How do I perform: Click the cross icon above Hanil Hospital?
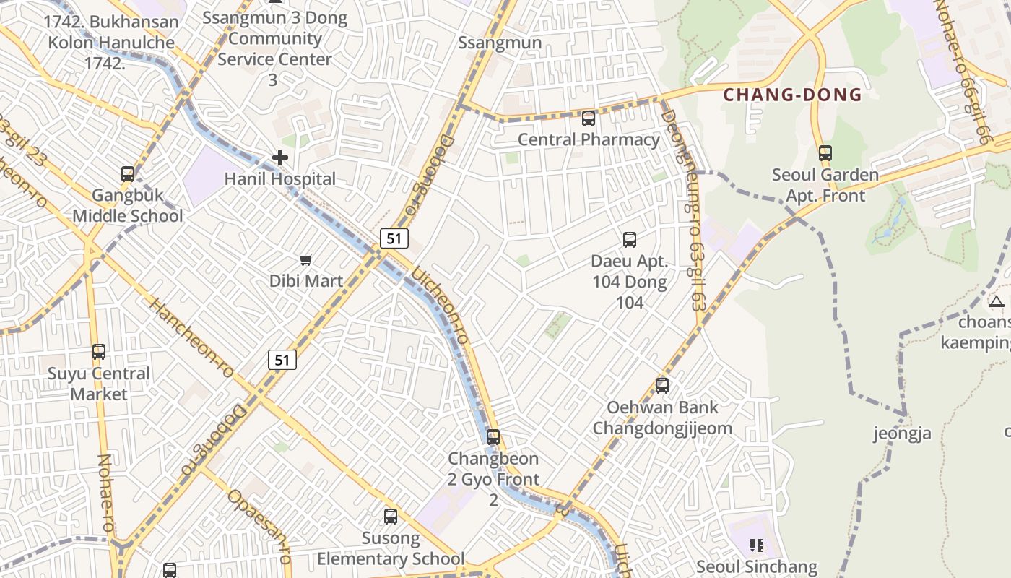[x=280, y=158]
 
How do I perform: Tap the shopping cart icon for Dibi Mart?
[x=306, y=259]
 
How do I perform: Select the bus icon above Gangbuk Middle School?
[x=128, y=174]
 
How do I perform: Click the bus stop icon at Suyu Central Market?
[x=99, y=352]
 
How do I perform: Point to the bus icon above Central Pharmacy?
[x=589, y=118]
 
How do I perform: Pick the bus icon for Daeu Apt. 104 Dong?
[x=630, y=240]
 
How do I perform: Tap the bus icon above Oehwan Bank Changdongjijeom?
[x=662, y=386]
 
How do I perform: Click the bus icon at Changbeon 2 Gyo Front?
[x=493, y=437]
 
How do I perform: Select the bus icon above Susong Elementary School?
[x=391, y=517]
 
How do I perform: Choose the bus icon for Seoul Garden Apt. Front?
[x=825, y=153]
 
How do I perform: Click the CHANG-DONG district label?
[x=792, y=95]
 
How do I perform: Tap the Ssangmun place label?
[x=500, y=43]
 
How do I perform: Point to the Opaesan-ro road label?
[x=259, y=525]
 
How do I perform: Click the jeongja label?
[x=902, y=433]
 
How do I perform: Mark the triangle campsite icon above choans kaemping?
[x=997, y=301]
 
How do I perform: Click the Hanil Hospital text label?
[x=280, y=178]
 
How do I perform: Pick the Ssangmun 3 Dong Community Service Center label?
[x=274, y=39]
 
